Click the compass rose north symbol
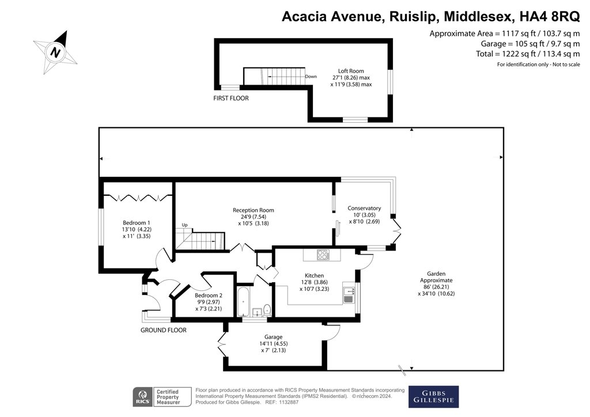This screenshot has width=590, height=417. [x=55, y=52]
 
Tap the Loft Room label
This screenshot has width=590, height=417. [x=351, y=71]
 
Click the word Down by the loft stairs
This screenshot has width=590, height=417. [x=311, y=77]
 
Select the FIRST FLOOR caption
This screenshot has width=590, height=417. [x=231, y=98]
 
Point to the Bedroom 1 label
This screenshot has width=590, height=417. [x=137, y=222]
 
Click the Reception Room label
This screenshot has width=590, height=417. [x=254, y=210]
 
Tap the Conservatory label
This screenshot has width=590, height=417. [x=364, y=208]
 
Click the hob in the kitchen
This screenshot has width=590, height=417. [x=323, y=255]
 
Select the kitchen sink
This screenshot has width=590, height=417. [x=348, y=295]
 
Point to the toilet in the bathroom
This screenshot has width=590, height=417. [x=267, y=310]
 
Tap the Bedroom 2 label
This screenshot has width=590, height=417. [x=209, y=295]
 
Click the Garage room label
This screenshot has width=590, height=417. [x=273, y=337]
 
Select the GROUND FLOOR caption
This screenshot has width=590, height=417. [x=164, y=330]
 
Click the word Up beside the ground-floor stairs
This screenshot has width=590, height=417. [x=185, y=225]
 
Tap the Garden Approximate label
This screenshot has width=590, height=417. [x=436, y=276]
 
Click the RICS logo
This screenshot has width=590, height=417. [x=143, y=397]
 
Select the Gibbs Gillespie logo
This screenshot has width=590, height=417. [x=433, y=397]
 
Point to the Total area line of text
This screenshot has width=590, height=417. [x=528, y=54]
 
